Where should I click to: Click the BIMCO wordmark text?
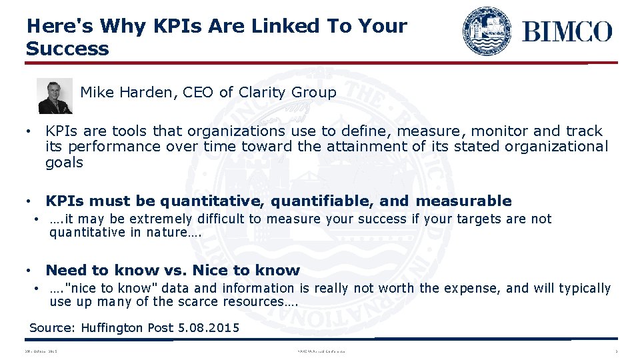[x=567, y=31]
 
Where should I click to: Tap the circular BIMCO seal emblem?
[x=487, y=31]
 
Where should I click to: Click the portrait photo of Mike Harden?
[x=55, y=96]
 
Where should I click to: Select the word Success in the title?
[x=67, y=49]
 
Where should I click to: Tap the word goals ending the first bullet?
[x=64, y=163]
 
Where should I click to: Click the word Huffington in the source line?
[x=112, y=328]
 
